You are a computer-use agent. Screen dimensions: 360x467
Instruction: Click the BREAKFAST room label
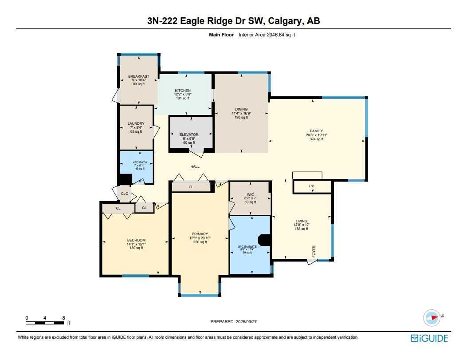tap(138, 76)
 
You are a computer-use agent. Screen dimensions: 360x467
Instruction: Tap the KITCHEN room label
tap(182, 91)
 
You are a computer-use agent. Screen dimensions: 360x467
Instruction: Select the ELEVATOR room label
tap(188, 134)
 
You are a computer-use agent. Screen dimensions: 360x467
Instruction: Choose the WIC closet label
tap(251, 194)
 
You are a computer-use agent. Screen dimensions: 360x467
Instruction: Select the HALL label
tap(195, 166)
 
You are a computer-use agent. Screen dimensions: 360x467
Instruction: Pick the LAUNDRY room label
tap(136, 123)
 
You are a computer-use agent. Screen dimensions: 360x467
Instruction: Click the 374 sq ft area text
tap(317, 139)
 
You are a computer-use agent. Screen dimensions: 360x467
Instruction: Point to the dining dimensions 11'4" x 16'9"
tap(241, 113)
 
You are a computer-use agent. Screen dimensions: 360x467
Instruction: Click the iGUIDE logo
tap(429, 338)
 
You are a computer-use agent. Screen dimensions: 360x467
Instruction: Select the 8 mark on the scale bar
tap(64, 318)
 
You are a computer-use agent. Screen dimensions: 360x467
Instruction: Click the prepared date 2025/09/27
tap(244, 321)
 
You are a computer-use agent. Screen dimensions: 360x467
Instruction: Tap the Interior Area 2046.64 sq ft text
tap(267, 35)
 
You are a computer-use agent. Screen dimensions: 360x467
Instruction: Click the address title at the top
tap(233, 21)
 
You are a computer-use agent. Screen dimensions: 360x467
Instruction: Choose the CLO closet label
tap(125, 194)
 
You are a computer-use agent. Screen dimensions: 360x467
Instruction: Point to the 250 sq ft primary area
tap(200, 242)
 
